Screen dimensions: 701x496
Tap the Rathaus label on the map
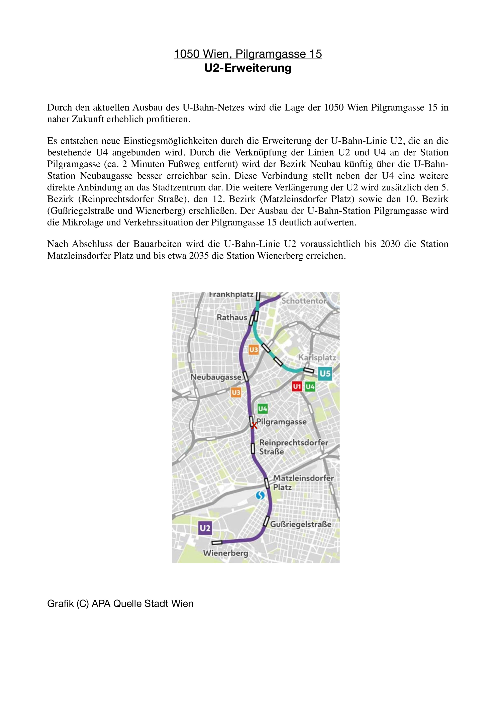pyautogui.click(x=232, y=317)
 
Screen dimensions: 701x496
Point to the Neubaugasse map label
pyautogui.click(x=216, y=377)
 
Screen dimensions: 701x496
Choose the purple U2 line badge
pyautogui.click(x=205, y=528)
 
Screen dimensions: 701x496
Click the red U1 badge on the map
pyautogui.click(x=297, y=387)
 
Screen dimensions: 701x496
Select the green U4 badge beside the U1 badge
pyautogui.click(x=310, y=387)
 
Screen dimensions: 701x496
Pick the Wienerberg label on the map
pyautogui.click(x=225, y=553)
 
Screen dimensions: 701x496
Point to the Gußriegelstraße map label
pyautogui.click(x=301, y=524)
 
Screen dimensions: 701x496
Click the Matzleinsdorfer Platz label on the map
pyautogui.click(x=303, y=482)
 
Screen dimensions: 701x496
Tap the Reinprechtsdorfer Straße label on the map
pyautogui.click(x=293, y=447)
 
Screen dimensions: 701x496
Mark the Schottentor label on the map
pyautogui.click(x=304, y=301)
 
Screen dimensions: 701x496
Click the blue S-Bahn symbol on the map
pyautogui.click(x=260, y=495)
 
